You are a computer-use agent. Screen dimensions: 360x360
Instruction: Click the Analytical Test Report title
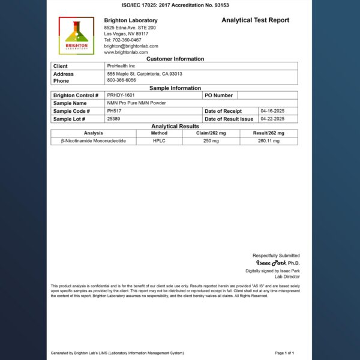[x=255, y=20]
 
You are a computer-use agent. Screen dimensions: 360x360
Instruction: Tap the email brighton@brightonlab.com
[x=131, y=46]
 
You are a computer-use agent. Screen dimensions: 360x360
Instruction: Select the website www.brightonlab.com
[x=125, y=52]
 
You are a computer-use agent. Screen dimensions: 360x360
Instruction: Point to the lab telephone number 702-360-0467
[x=123, y=40]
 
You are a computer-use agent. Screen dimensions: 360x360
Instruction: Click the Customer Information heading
[x=175, y=59]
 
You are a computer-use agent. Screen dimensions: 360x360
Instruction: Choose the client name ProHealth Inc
[x=121, y=66]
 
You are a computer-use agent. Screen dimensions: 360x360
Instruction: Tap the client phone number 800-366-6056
[x=121, y=80]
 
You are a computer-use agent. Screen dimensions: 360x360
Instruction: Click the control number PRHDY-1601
[x=122, y=95]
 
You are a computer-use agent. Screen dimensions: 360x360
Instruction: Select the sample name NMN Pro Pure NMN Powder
[x=136, y=103]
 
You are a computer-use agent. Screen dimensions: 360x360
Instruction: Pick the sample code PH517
[x=114, y=111]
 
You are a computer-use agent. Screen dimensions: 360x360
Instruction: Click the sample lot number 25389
[x=114, y=119]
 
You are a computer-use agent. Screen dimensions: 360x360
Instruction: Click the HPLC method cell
[x=159, y=140]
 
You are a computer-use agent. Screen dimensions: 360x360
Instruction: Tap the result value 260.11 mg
[x=268, y=140]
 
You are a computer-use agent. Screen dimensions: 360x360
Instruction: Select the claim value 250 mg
[x=211, y=140]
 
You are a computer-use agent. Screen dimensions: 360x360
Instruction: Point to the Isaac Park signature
[x=271, y=263]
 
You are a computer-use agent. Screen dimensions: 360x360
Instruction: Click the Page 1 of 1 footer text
[x=284, y=353]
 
